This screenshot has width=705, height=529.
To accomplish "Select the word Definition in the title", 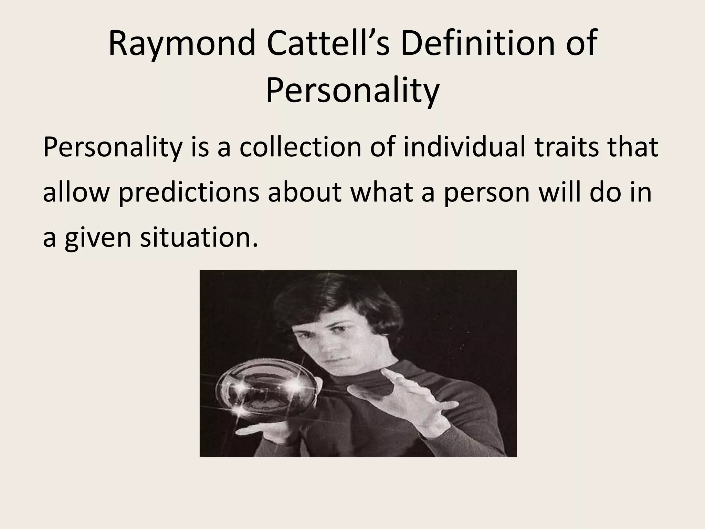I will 478,44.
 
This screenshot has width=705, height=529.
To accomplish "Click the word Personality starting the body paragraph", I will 112,147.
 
